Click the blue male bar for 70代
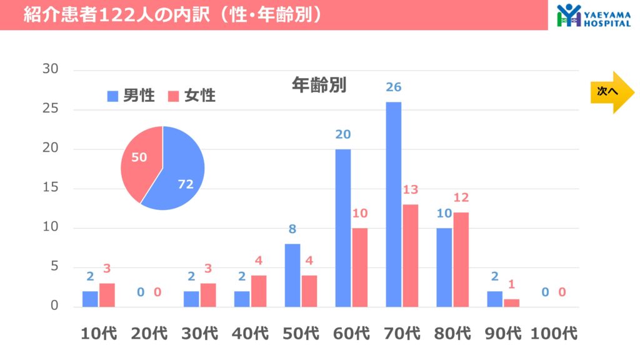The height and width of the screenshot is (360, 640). pos(393,204)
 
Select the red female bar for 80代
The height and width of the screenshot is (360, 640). pos(461,259)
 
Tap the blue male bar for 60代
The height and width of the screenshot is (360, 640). pos(342,228)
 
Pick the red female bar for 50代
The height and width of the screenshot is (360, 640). pos(309,291)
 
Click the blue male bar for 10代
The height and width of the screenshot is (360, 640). pos(90,299)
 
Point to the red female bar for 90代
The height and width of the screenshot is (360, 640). pos(511,303)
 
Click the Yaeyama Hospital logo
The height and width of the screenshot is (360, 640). pos(594,15)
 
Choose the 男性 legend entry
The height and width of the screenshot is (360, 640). pos(131,96)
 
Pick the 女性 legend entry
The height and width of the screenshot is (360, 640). pos(192,96)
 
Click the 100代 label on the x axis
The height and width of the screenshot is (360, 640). pos(554,333)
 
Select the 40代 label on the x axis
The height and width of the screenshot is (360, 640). pos(249,333)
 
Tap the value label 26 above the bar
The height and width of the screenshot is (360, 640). pos(393,87)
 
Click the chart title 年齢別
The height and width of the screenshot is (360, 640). pos(319,85)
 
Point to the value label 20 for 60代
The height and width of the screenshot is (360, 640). pos(342,134)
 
